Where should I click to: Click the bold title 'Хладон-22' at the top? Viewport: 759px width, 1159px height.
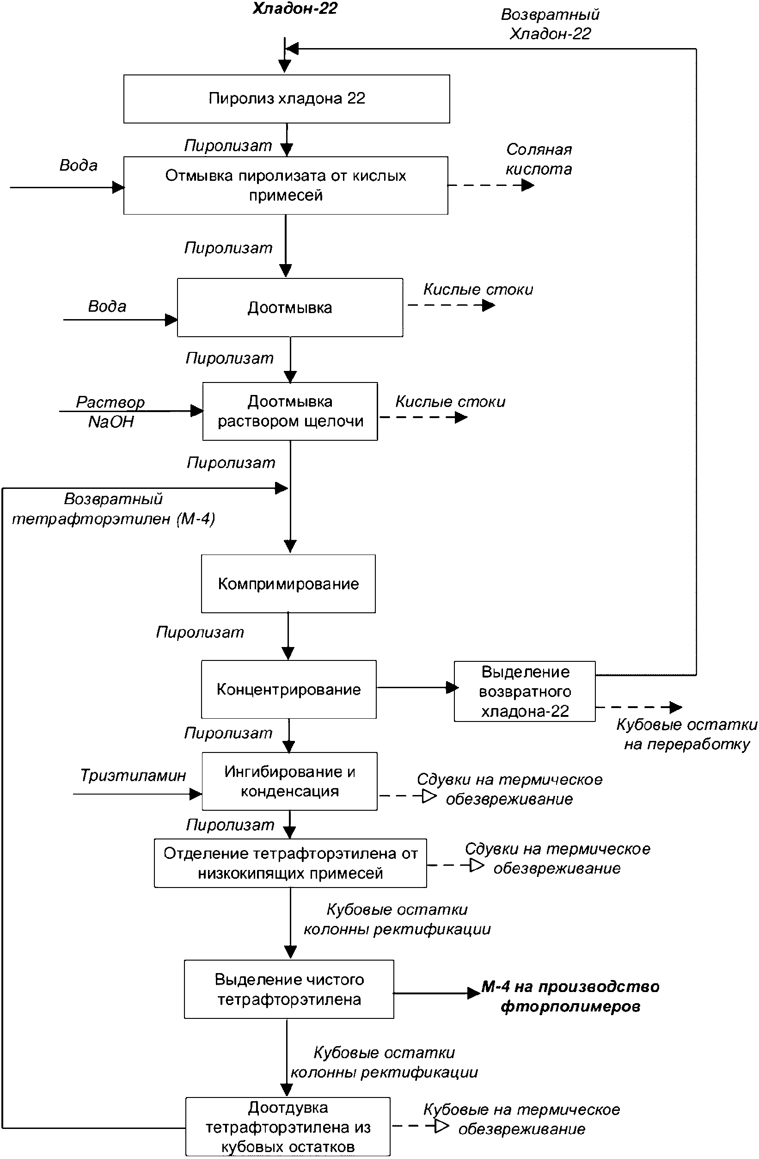pos(295,9)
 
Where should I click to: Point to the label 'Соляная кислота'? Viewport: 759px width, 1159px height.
pos(539,159)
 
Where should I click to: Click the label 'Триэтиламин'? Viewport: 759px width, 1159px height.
pos(133,775)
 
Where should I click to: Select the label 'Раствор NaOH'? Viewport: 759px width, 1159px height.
pos(110,412)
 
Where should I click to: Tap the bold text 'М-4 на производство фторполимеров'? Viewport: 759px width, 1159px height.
pos(570,996)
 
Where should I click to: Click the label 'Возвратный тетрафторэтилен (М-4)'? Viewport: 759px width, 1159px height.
pos(113,509)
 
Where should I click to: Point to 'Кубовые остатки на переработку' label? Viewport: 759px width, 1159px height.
pos(687,734)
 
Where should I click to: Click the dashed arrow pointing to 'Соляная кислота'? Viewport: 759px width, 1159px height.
pos(491,185)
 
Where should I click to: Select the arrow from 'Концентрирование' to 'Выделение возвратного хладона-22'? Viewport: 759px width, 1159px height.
pos(418,688)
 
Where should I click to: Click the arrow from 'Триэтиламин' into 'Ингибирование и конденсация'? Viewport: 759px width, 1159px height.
pos(138,794)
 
